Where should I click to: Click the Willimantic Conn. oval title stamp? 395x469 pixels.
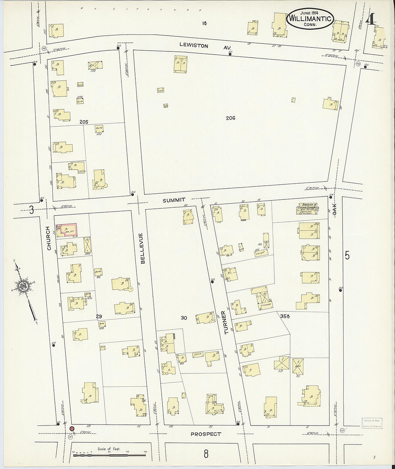[310, 19]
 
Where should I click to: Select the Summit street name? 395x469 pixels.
[174, 200]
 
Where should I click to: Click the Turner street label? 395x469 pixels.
[226, 322]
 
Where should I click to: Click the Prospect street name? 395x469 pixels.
[206, 434]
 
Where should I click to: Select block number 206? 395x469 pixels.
[231, 118]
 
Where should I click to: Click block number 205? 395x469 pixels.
[84, 122]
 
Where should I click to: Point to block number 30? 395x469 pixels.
[184, 318]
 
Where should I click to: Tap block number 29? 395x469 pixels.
[99, 316]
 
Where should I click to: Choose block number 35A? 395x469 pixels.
[285, 316]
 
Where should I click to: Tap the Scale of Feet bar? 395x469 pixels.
[110, 454]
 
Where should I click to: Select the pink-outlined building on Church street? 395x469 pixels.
[68, 230]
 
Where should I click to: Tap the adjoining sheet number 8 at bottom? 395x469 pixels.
[206, 454]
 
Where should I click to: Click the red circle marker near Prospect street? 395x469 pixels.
[72, 429]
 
